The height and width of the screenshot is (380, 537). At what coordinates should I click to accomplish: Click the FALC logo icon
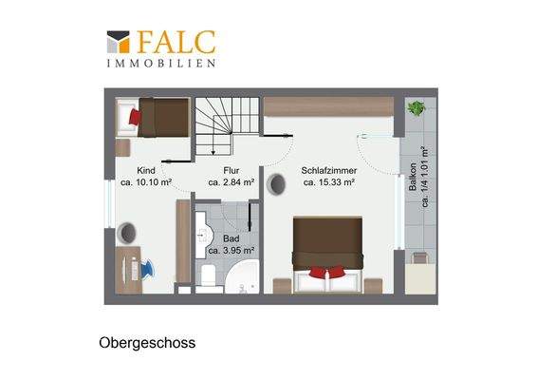(117, 42)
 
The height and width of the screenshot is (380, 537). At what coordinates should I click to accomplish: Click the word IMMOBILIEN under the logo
(160, 63)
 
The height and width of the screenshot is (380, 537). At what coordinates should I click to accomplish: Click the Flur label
(231, 171)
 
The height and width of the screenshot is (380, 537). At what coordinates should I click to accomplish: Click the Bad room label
(231, 239)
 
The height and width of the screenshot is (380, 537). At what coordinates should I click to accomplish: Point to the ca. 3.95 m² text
(231, 251)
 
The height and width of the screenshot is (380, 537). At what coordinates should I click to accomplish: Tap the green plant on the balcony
(415, 108)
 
